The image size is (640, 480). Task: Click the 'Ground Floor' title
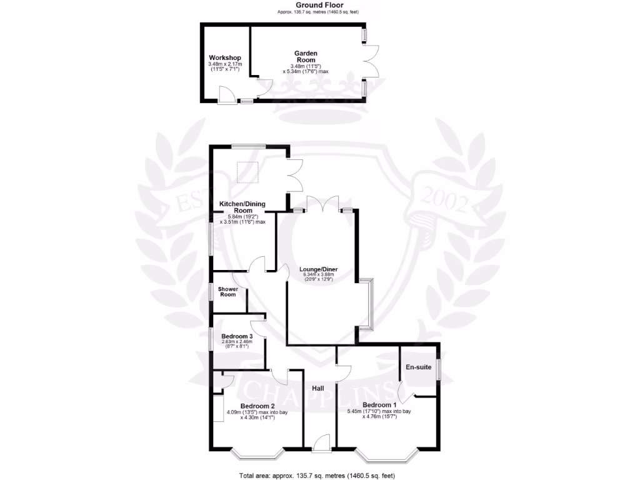(x=319, y=5)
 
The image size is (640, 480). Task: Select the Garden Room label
(x=305, y=56)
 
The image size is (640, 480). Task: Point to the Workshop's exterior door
(x=226, y=96)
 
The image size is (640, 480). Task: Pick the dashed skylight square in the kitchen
(x=247, y=172)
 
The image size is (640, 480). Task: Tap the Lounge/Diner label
(x=318, y=269)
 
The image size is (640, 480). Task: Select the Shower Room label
(x=227, y=291)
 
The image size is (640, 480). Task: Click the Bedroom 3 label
(x=237, y=337)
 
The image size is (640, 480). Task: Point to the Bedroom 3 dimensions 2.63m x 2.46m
(x=237, y=342)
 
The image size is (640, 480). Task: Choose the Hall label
(x=318, y=389)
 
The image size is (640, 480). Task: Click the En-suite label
(x=418, y=367)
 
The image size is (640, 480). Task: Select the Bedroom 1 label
(x=381, y=405)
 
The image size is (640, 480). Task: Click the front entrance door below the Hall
(x=322, y=443)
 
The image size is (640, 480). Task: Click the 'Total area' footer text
(x=317, y=476)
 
